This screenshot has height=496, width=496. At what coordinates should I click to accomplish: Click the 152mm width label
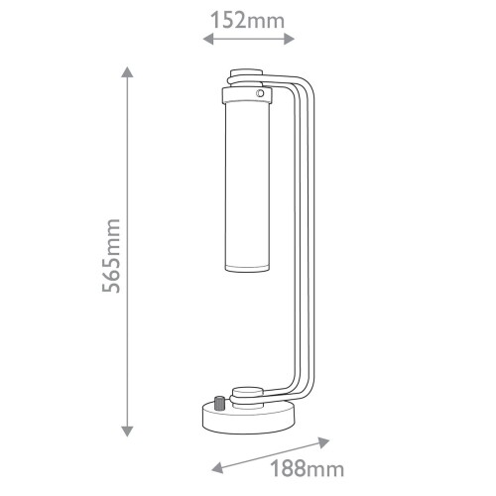pos(248,18)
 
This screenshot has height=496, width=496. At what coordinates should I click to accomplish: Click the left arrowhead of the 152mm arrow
pos(205,40)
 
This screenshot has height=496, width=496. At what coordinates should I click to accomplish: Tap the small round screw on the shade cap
pos(261,93)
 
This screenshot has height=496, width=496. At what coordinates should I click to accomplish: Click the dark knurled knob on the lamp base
pos(216,404)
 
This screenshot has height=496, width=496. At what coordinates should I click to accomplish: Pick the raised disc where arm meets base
pos(247,392)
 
